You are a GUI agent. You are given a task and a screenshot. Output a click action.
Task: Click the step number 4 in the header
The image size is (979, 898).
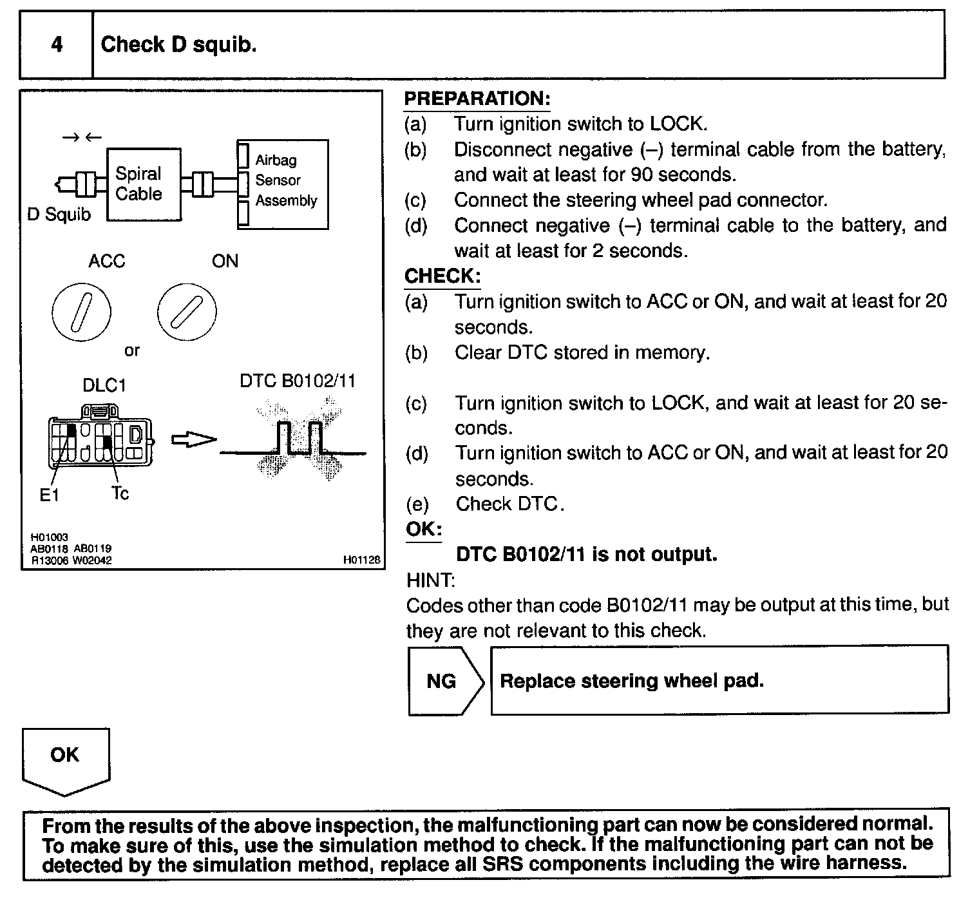coord(57,44)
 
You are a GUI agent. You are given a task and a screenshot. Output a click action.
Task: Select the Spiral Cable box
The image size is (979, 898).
coord(143,184)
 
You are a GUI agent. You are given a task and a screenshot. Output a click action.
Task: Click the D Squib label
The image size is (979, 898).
coord(59,215)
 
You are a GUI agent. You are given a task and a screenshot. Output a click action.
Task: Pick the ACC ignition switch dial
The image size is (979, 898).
coord(81,312)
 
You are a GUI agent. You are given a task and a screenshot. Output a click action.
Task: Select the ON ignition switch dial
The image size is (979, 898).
coord(187,312)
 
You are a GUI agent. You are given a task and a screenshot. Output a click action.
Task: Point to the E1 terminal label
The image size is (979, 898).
coord(49,495)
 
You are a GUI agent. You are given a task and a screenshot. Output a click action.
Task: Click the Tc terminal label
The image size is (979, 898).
coord(120,493)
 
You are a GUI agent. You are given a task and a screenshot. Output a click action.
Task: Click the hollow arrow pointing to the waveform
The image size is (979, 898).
coord(193,440)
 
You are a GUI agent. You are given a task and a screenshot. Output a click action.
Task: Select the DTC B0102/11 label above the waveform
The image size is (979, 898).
coord(297,381)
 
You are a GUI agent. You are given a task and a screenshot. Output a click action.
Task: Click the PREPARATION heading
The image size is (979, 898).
coord(477,99)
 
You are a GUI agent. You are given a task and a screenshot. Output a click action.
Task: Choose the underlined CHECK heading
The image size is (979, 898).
coord(442,276)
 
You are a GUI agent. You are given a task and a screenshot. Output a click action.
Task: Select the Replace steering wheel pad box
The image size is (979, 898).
coord(719,681)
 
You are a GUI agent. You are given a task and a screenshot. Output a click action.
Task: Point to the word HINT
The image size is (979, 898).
coord(430,580)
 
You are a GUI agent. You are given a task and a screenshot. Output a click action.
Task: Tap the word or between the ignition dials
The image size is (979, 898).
coord(132,351)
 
